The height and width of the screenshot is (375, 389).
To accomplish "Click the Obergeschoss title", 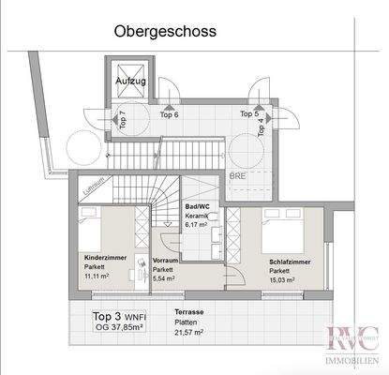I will (x=165, y=31).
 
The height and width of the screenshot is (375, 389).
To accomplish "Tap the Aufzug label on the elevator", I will (x=132, y=82).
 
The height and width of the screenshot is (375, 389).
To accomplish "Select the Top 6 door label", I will (x=170, y=114).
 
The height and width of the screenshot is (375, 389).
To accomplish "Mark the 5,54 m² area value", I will (x=167, y=278).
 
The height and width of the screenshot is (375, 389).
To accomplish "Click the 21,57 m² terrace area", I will (x=192, y=333).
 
